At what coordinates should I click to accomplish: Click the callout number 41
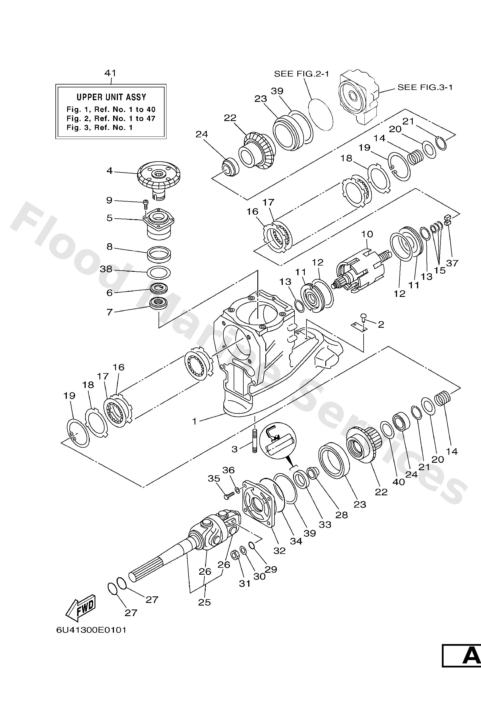point(110,73)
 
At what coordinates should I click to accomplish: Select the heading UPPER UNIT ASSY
point(111,97)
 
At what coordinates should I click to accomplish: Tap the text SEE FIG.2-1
point(301,74)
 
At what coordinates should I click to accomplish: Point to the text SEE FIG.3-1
point(425,87)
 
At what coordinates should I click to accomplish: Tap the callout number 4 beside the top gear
point(109,171)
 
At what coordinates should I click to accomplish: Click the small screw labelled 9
point(146,204)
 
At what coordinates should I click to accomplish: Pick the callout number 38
point(106,269)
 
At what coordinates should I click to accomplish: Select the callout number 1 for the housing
point(194,421)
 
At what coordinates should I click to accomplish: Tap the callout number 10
point(367,234)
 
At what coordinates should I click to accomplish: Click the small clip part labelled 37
point(447,220)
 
